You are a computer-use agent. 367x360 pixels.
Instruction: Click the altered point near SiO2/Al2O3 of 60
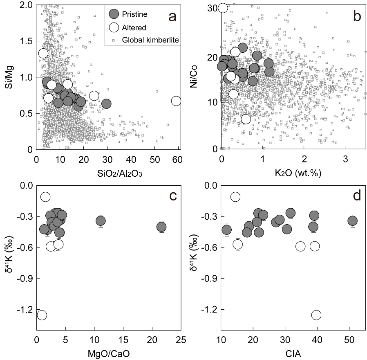point(176,101)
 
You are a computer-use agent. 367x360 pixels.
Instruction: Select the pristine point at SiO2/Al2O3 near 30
point(106,104)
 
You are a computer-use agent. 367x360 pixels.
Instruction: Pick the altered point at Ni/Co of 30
point(223,8)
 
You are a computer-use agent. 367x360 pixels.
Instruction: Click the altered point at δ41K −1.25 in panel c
point(42,315)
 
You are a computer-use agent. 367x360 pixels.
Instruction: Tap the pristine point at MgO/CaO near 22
point(161,227)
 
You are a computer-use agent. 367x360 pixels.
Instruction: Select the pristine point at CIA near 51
point(352,221)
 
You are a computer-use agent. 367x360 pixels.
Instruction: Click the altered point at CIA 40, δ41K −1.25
point(316,315)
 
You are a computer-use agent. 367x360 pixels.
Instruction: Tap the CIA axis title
point(293,353)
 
